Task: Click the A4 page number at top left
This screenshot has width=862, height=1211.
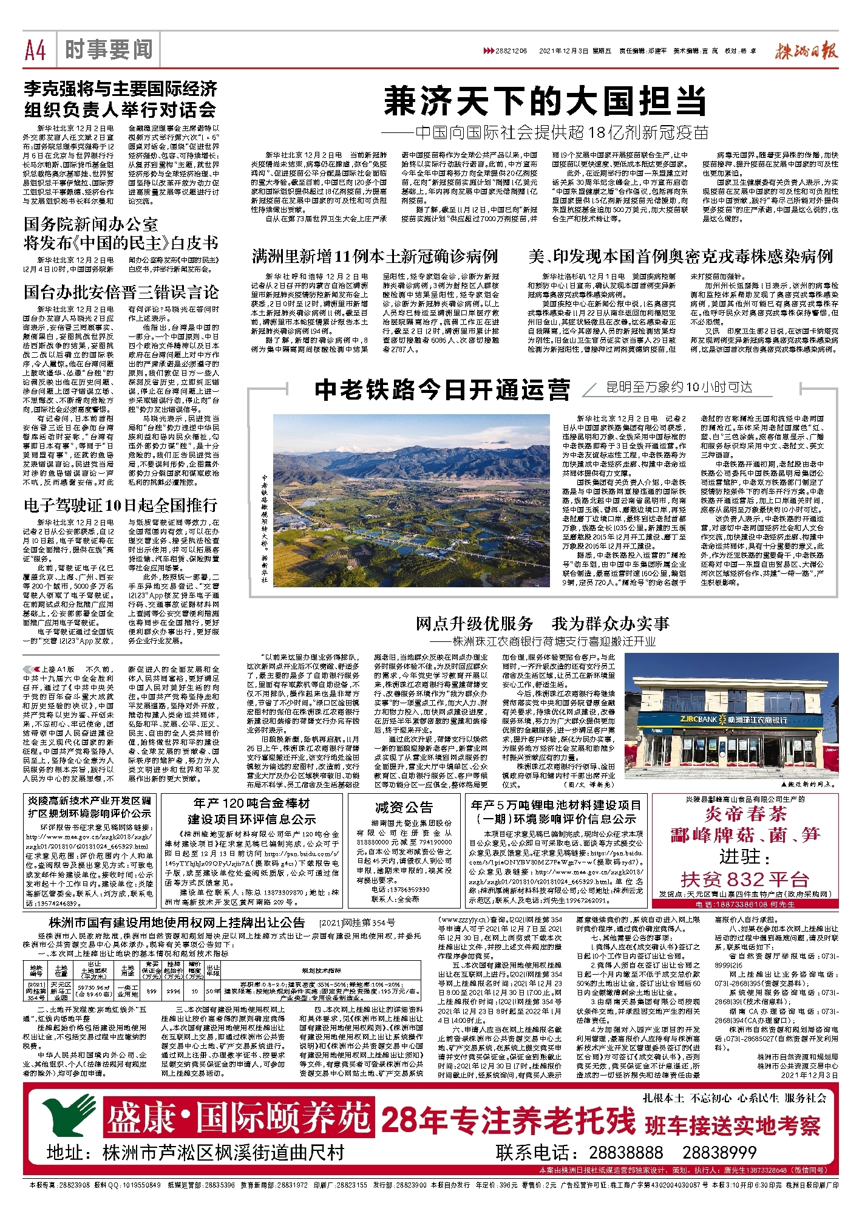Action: click(x=36, y=50)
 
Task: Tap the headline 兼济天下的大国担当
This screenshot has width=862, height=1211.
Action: click(x=546, y=101)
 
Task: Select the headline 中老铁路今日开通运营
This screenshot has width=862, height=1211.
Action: click(x=443, y=389)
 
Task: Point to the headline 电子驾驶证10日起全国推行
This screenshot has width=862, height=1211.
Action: click(x=120, y=505)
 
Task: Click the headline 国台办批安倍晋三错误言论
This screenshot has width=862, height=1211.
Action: click(x=121, y=292)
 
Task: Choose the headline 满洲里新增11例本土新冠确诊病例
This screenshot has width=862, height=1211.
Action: click(x=375, y=256)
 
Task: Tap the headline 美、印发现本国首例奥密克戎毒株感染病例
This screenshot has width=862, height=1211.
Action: click(x=680, y=256)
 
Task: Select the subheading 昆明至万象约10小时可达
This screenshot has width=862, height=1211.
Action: click(x=679, y=387)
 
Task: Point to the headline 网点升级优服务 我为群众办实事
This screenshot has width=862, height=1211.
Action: click(x=542, y=624)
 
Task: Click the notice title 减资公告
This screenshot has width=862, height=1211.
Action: click(x=404, y=807)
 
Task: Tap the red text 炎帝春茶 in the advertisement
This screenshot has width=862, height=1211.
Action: click(x=746, y=814)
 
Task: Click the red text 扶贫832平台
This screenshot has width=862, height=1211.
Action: click(x=745, y=879)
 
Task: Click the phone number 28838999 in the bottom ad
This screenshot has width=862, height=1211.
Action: click(x=719, y=1153)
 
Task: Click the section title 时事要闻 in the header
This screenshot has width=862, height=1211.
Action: click(x=109, y=50)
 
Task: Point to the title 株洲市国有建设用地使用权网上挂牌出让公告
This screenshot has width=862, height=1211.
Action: click(x=176, y=922)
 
